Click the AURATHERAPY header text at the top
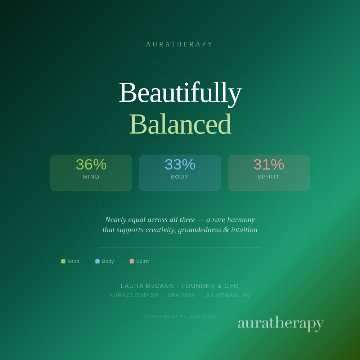tap(180, 44)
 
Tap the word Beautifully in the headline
tap(180, 93)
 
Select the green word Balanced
tap(180, 124)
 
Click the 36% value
tap(91, 165)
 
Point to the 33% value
tap(180, 165)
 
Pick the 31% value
tap(269, 165)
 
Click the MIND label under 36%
tap(91, 177)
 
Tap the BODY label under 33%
tap(180, 177)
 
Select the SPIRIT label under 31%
tap(269, 177)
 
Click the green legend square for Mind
tap(63, 261)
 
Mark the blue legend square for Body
tap(98, 261)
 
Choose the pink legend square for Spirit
tap(132, 261)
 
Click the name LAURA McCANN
tap(147, 286)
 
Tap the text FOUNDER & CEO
tap(210, 286)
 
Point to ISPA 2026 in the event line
tap(180, 295)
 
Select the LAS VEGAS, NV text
tap(226, 295)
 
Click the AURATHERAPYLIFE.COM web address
tap(180, 316)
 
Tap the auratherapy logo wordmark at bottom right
tap(280, 323)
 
